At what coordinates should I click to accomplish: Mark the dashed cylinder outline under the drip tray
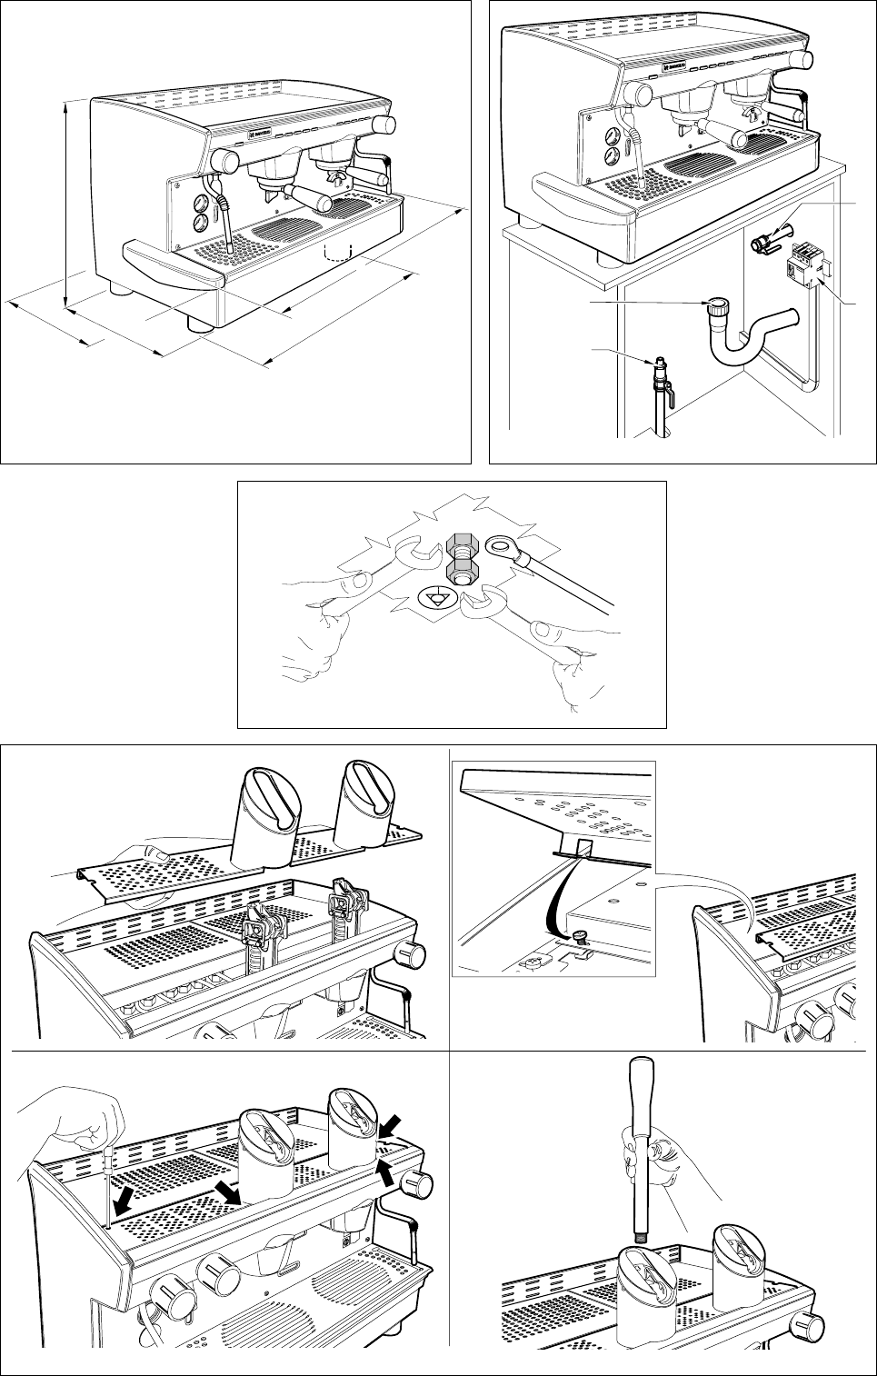(338, 252)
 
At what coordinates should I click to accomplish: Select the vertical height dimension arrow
(66, 205)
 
